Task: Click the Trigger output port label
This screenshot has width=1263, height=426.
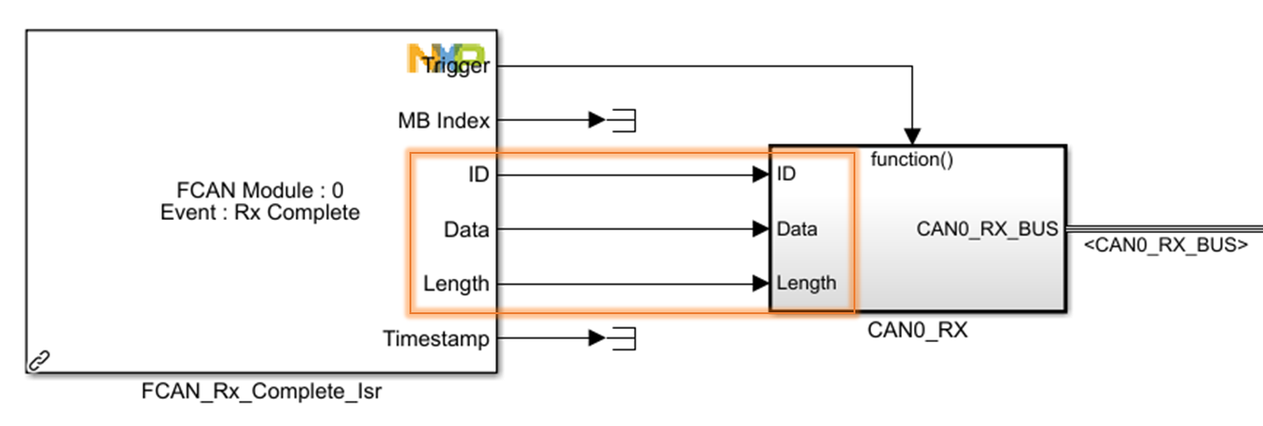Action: (x=455, y=65)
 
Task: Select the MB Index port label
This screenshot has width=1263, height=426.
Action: (x=443, y=120)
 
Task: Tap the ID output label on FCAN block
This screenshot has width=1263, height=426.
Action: (x=479, y=174)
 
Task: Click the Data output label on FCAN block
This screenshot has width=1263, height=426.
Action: (x=465, y=229)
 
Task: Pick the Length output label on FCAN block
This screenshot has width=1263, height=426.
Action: (x=456, y=283)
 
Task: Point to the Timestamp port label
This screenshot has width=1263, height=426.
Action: (x=436, y=338)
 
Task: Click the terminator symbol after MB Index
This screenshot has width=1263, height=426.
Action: (x=622, y=120)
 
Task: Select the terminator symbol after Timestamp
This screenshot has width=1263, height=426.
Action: (x=622, y=338)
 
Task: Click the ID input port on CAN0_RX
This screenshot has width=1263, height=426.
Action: (x=786, y=174)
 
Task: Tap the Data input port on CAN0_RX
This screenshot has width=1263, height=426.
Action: (x=797, y=229)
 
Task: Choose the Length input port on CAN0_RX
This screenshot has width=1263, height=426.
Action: (x=806, y=283)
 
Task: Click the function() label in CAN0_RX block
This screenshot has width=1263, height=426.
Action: (x=911, y=160)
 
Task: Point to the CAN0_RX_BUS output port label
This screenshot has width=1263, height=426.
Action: (x=987, y=229)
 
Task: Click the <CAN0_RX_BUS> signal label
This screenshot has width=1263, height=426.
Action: (x=1165, y=246)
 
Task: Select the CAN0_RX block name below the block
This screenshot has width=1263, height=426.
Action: (x=917, y=329)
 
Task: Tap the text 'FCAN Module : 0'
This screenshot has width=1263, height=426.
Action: (x=260, y=191)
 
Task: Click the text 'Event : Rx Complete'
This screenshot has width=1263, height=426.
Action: (x=260, y=213)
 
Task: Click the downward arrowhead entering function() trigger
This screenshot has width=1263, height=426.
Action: (x=912, y=136)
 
